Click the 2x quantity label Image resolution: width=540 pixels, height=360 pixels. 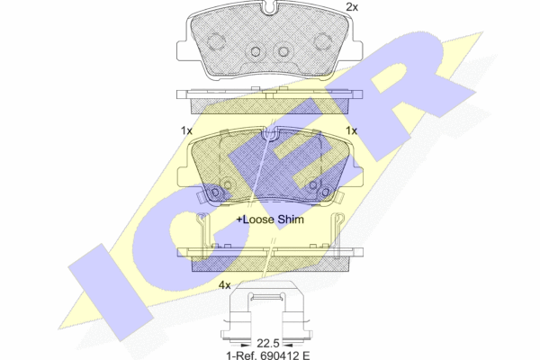coord(353,7)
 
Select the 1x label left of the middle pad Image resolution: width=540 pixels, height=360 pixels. coord(186,130)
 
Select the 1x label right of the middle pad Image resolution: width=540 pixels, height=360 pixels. coord(352,130)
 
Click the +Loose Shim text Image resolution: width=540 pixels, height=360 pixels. coord(270,219)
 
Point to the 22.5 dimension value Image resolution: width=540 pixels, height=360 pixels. coord(266,341)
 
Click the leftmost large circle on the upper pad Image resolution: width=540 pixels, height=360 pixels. coord(216,41)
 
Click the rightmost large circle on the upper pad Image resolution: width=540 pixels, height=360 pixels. coord(322,41)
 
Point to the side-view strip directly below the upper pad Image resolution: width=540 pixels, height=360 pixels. coord(269,95)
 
